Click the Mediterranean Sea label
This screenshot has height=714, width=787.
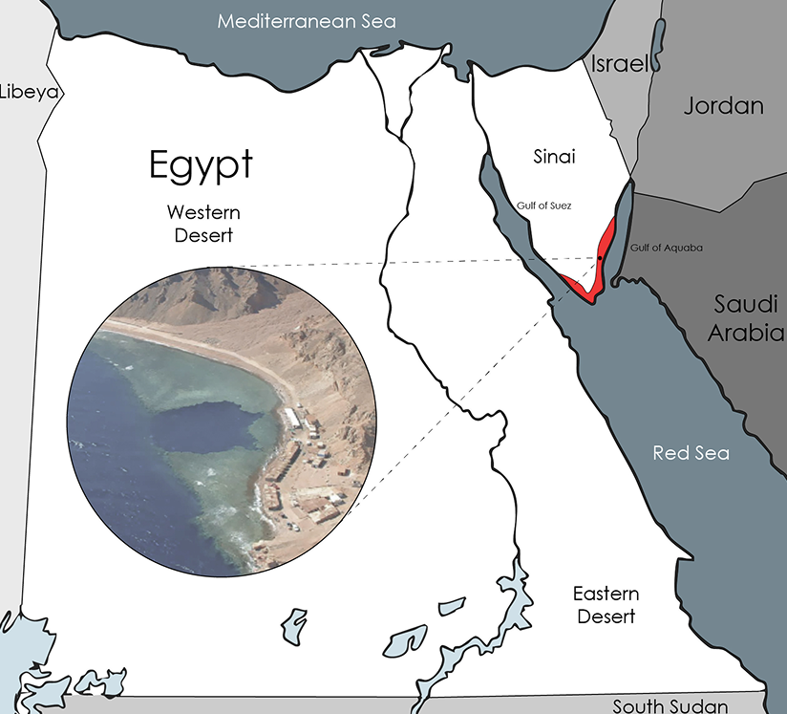coord(306,21)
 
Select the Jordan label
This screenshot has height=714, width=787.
coord(723,106)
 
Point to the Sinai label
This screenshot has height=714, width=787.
coord(554,156)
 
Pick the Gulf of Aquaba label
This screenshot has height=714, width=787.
coord(666,249)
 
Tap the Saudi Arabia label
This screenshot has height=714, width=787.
coord(749,318)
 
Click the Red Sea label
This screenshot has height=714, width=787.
coord(684,452)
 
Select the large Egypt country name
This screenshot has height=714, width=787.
coord(201,164)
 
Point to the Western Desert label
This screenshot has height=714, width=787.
coord(202,222)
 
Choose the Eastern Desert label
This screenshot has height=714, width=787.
coord(606,605)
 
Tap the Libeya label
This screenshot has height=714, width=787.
coord(30,93)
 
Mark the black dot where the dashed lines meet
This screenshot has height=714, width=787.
coord(600,257)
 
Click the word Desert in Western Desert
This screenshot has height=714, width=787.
coord(202,232)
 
